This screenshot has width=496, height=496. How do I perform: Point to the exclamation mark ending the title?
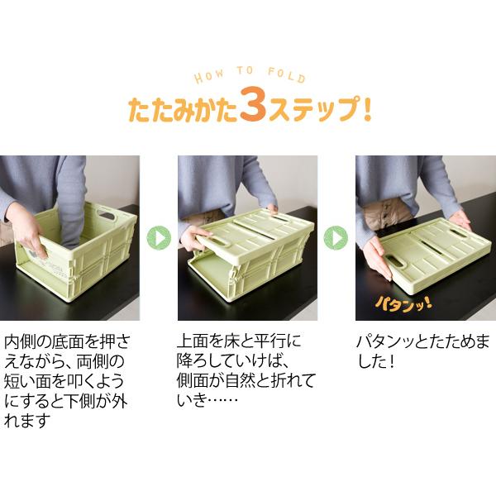[365, 110]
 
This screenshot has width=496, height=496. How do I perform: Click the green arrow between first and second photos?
[158, 238]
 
